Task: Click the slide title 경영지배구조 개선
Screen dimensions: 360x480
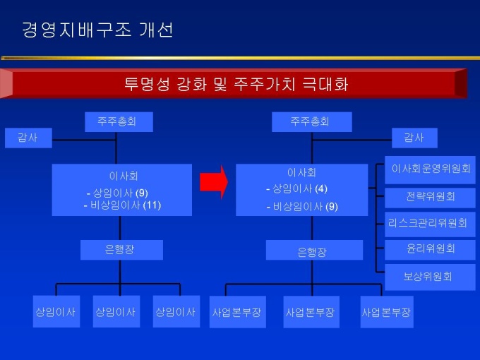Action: [x=97, y=30]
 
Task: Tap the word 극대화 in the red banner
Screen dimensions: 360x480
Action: [x=322, y=84]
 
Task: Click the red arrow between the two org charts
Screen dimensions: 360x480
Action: [x=213, y=182]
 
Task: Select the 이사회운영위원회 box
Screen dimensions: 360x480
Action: [x=431, y=169]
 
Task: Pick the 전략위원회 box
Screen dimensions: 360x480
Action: [x=431, y=196]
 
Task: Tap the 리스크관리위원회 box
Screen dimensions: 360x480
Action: [x=428, y=223]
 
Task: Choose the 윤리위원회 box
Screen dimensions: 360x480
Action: [x=431, y=249]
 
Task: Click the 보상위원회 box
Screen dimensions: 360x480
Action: [x=428, y=277]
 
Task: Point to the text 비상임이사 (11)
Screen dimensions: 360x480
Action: [x=122, y=205]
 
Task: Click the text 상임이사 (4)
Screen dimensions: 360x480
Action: [x=296, y=189]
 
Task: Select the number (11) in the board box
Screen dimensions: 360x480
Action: [x=152, y=205]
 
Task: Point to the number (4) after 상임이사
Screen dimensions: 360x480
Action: [x=321, y=189]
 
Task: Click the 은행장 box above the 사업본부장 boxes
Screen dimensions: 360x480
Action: [x=313, y=251]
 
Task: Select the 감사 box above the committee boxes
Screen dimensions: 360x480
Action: [x=414, y=137]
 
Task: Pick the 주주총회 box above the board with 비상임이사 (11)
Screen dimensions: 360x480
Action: [x=117, y=121]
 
